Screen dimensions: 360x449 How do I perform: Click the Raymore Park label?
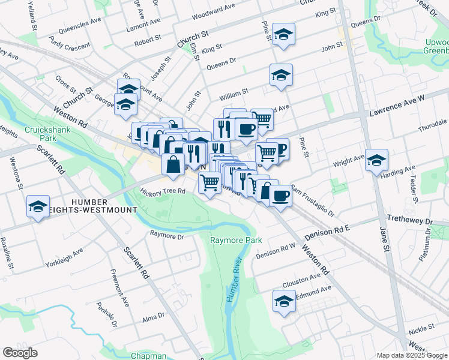click(236, 240)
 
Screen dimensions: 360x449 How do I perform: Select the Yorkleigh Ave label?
click(64, 258)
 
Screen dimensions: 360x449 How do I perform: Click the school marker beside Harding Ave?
click(376, 160)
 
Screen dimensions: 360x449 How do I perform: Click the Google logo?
click(20, 353)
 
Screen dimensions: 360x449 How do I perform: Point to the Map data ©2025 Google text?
click(411, 355)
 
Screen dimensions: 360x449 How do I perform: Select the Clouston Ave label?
click(302, 279)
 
